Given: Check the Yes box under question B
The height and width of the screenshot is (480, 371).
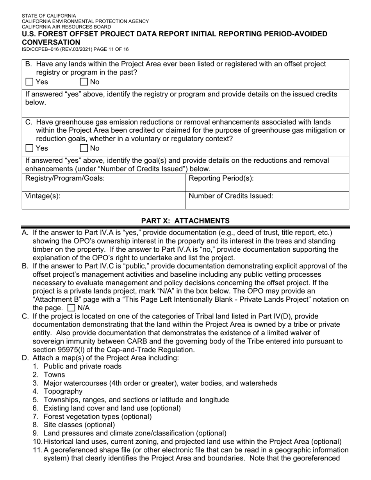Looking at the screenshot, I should coord(29,82).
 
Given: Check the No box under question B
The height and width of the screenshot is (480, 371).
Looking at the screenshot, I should coord(84,82).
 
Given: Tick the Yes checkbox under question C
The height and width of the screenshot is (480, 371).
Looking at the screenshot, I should coord(29,148).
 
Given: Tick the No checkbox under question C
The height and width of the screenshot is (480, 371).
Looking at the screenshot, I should coord(84,148).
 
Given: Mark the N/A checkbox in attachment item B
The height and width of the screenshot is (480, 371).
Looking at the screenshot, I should coord(71,308).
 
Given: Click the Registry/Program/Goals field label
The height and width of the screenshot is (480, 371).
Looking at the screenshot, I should coord(65,178).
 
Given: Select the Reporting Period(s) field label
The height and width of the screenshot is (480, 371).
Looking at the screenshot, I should coord(221,178).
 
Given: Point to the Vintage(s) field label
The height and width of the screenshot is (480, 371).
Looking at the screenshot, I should coord(43,196).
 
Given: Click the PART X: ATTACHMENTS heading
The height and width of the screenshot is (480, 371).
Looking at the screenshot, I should coord(185,221).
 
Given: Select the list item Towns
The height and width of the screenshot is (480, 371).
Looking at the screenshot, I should coord(54,375).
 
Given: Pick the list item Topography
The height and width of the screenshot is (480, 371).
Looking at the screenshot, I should coord(63,391).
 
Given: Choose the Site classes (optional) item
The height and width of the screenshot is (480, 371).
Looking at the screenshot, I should coord(79,425).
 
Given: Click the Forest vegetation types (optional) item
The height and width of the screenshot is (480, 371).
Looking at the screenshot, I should coord(98,416).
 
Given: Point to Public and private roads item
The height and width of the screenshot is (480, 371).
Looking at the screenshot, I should coord(82,366).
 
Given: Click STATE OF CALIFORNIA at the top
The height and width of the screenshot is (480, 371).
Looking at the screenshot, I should coord(49,16).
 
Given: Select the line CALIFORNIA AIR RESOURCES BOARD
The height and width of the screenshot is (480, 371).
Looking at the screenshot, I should coord(66,27).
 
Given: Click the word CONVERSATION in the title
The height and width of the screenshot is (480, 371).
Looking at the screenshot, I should coord(51,42).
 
